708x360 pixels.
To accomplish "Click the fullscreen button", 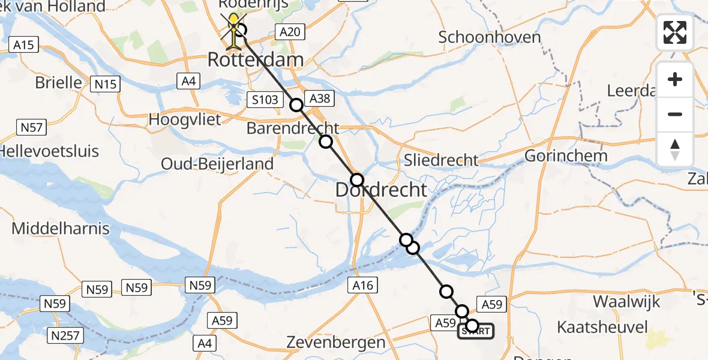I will (x=675, y=32).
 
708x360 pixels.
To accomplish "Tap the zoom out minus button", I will (x=675, y=114).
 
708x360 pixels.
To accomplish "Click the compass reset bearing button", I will (x=675, y=149).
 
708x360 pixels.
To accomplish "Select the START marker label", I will (x=477, y=331).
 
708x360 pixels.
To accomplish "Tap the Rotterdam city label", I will (x=255, y=60).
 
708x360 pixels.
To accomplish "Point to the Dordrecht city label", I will (x=381, y=191).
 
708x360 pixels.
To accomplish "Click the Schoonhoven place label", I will (x=490, y=37).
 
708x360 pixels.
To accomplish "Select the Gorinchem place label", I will (x=566, y=156).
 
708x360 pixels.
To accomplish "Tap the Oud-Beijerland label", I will (x=217, y=163).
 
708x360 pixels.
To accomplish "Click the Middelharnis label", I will (x=61, y=228).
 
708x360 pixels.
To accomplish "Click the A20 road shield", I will (x=290, y=32).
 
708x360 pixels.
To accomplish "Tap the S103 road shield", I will (x=265, y=100).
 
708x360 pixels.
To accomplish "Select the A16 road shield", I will (x=364, y=286).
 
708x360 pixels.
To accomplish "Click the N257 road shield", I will (x=66, y=335).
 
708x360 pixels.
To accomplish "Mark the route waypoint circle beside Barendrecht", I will (x=325, y=142).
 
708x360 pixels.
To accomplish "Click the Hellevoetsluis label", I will (x=49, y=150).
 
